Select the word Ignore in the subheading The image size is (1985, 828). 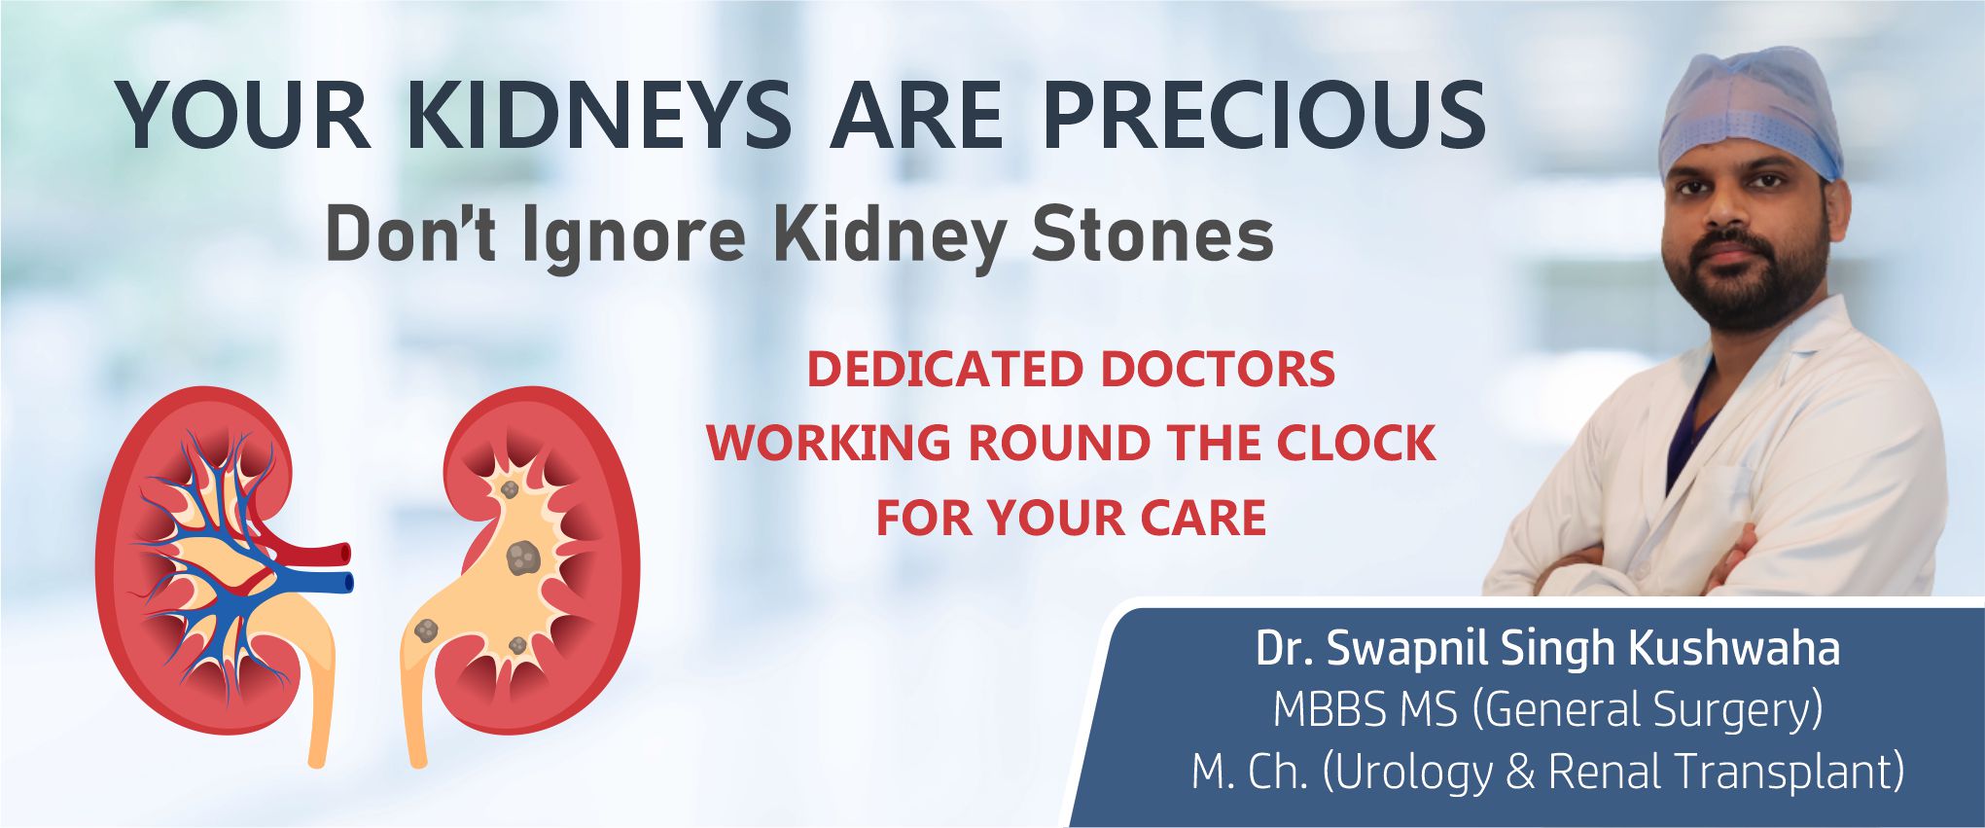pyautogui.click(x=634, y=237)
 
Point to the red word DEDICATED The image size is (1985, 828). pyautogui.click(x=945, y=370)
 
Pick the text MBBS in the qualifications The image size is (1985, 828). pyautogui.click(x=1331, y=709)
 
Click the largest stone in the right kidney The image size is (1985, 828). pyautogui.click(x=523, y=558)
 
